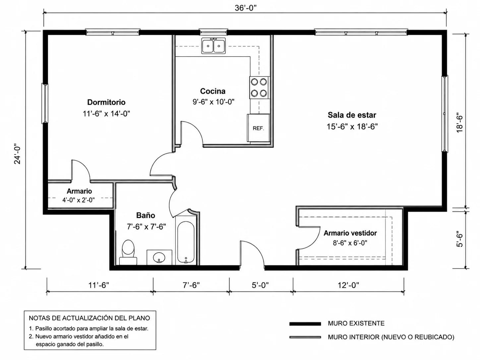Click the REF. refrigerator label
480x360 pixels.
[258, 128]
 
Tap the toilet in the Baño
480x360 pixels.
[128, 252]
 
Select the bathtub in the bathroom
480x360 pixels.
[186, 242]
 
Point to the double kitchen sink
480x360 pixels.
[213, 46]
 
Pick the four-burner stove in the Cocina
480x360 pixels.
[259, 88]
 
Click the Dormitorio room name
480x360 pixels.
[106, 102]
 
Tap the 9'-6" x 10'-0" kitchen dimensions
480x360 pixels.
[213, 102]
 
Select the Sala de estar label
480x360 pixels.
[352, 115]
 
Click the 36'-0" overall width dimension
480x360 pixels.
[245, 8]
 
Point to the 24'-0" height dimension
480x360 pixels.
[17, 153]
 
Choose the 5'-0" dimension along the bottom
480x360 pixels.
[260, 285]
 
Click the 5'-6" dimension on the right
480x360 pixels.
[460, 239]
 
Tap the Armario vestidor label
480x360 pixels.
[350, 233]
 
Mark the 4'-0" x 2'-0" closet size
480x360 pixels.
[79, 200]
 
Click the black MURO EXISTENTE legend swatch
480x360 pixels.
[305, 324]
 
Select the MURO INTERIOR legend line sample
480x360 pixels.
[305, 337]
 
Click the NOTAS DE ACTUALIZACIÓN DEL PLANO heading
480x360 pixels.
[90, 318]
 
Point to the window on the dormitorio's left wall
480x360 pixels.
[45, 103]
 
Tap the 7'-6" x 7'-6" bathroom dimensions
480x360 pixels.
[147, 227]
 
